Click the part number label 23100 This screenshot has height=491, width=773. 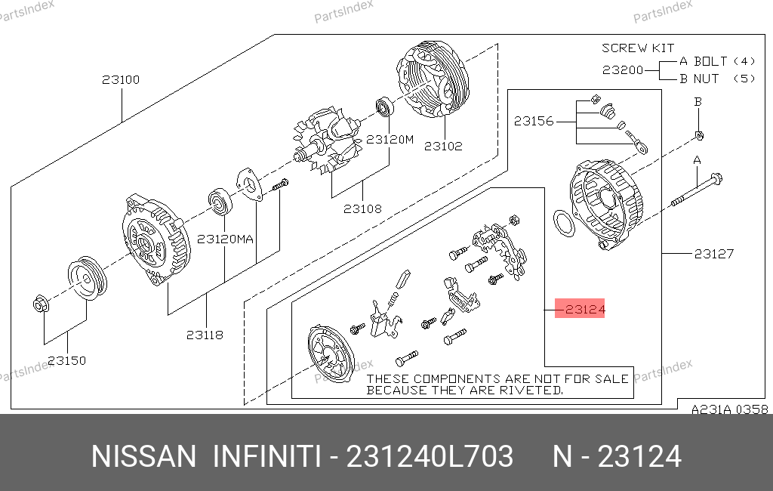pos(121,79)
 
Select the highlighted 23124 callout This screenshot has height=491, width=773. pos(580,308)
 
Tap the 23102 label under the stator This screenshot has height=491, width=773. pos(443,146)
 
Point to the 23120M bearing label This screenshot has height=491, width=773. pos(390,140)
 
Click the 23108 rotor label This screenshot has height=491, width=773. pos(362,208)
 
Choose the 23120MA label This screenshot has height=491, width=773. pos(225,239)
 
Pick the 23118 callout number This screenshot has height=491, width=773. pos(205,335)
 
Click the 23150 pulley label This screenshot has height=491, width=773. pos(67,361)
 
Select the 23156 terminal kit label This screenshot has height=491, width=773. pos(534,121)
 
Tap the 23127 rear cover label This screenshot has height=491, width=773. pos(714,254)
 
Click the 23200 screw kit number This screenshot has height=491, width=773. pos(623,70)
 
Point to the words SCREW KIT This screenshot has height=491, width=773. pos(638,48)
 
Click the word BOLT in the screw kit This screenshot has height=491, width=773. pos(710,61)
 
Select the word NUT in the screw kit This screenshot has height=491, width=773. pos(706,79)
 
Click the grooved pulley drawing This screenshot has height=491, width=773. pos(88,278)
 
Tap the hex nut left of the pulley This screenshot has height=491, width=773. pos(41,304)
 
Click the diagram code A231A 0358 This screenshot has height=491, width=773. pos(730,409)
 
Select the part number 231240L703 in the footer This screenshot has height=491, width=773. pos(430,456)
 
